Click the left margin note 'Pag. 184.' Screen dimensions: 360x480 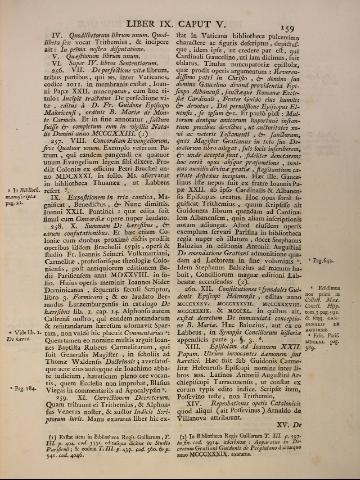pyautogui.click(x=24, y=381)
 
